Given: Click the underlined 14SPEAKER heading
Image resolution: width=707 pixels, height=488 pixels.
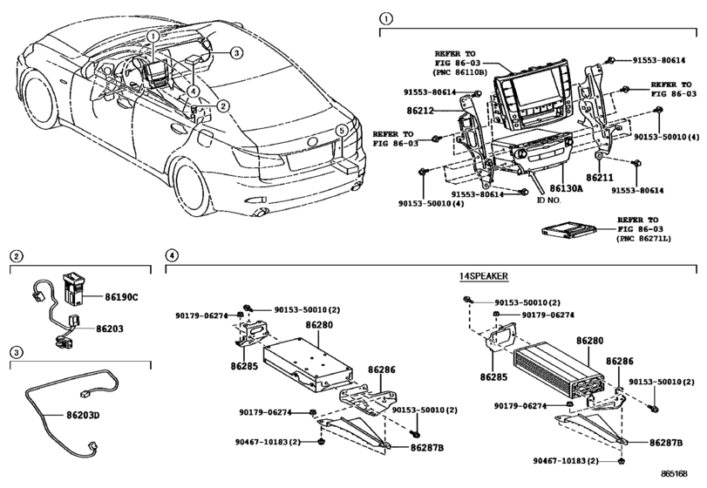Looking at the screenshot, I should coord(486,276).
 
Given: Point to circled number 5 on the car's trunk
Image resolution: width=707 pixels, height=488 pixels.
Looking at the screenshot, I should coord(342,131).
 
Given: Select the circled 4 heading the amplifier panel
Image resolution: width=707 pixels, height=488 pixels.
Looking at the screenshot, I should coord(173,255).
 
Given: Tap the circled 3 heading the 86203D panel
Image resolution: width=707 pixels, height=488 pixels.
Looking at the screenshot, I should coord(16,352).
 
